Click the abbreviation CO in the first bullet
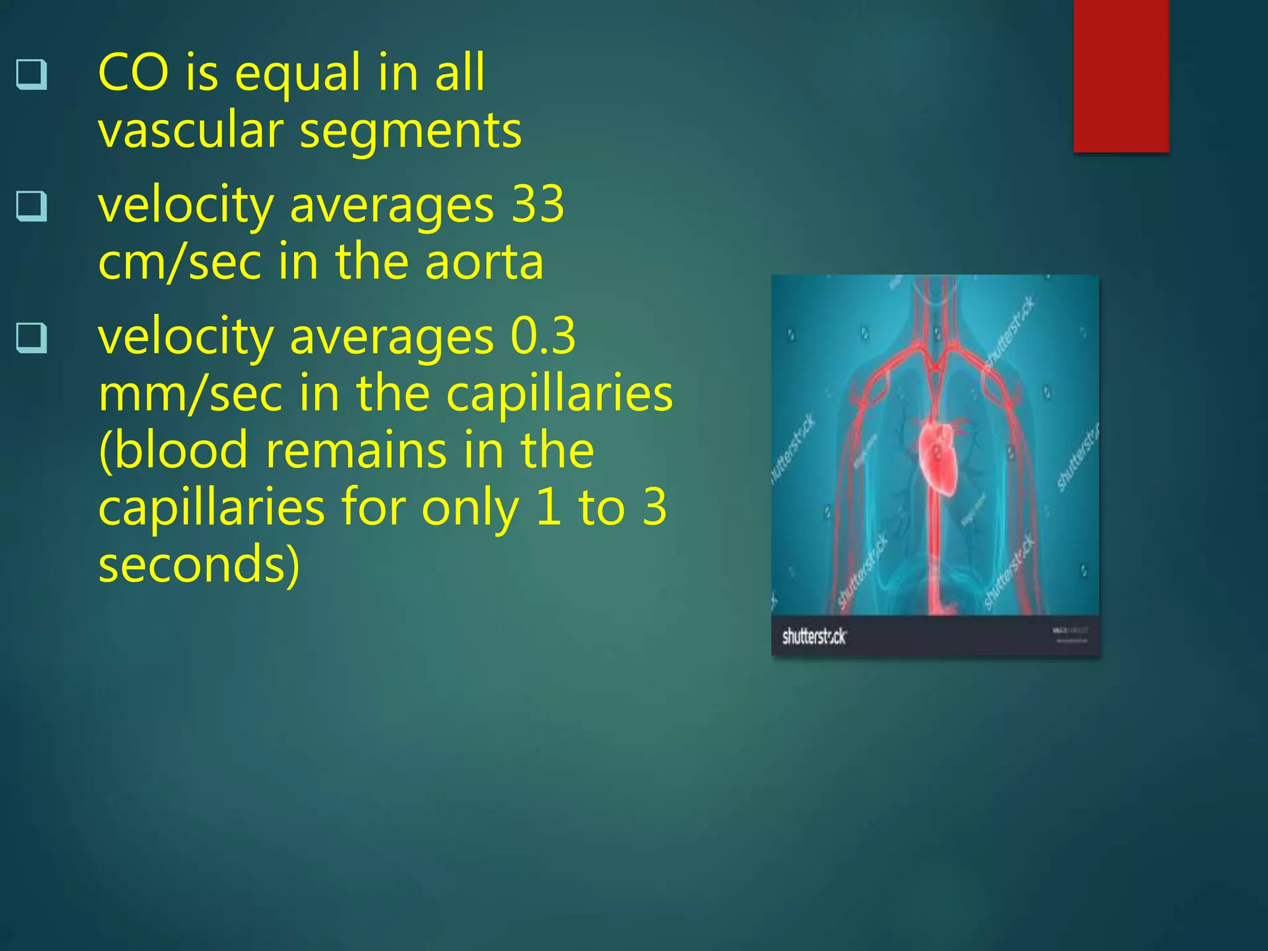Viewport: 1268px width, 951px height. coord(133,73)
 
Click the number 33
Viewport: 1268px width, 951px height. coord(537,204)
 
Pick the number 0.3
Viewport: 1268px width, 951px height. coord(543,336)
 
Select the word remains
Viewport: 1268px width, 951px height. coord(355,450)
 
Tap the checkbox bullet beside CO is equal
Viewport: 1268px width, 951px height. coord(32,75)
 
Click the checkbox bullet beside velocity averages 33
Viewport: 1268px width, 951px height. coord(32,206)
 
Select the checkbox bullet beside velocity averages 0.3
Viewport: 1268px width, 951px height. coord(32,338)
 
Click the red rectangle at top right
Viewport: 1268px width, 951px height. coord(1121,76)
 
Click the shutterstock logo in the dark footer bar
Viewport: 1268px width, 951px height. coord(814,636)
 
